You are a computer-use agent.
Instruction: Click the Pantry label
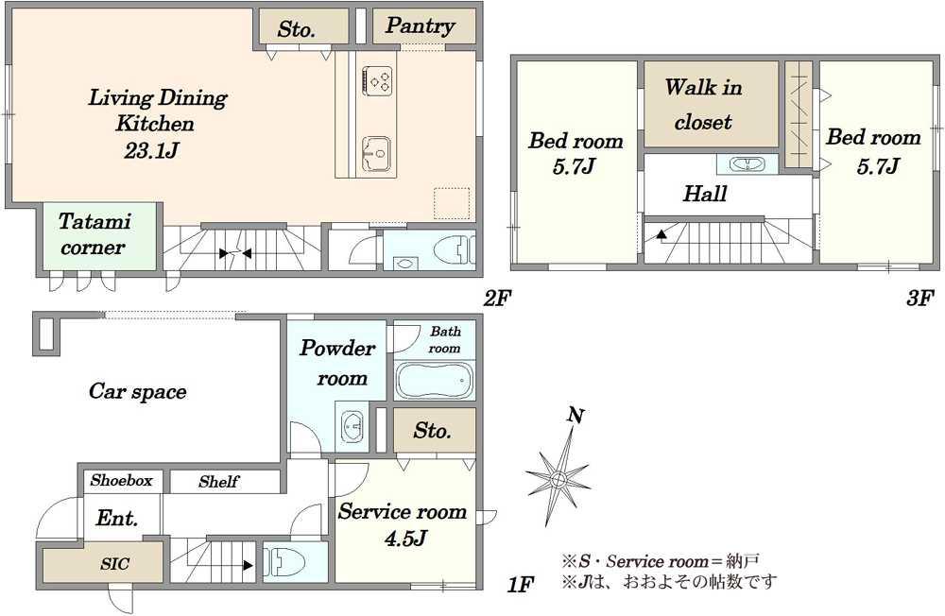(x=420, y=26)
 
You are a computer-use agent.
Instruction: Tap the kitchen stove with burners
(x=378, y=80)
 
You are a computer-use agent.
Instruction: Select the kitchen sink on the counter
(x=377, y=154)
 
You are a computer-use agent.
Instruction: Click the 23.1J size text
(x=150, y=150)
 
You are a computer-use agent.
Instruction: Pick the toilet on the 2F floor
(x=454, y=248)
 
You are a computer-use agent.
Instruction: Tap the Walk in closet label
(x=703, y=104)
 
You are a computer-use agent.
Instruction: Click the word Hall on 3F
(x=705, y=194)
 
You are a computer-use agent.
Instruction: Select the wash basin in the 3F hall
(x=747, y=164)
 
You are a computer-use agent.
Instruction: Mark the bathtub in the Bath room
(x=434, y=381)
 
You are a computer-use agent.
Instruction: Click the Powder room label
(x=338, y=363)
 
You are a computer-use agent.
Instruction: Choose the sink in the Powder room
(x=352, y=426)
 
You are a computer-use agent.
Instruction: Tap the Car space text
(x=137, y=392)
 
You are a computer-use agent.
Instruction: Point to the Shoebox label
(x=121, y=480)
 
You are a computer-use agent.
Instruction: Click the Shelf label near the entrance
(x=218, y=482)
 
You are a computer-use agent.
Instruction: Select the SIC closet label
(x=114, y=564)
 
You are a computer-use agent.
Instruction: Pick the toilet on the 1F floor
(x=283, y=562)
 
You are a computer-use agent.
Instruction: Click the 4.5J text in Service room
(x=405, y=537)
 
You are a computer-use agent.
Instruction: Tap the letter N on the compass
(x=576, y=416)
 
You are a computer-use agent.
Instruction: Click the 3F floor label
(x=919, y=298)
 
